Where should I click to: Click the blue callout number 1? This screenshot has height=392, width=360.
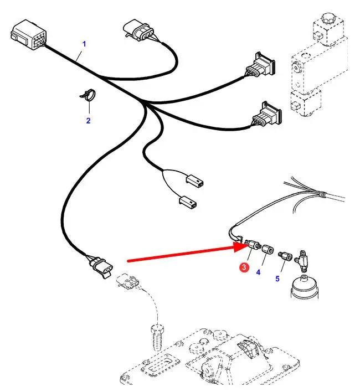click(x=85, y=43)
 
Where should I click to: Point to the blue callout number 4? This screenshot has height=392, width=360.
click(x=258, y=271)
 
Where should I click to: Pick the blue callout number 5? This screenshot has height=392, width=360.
click(x=277, y=278)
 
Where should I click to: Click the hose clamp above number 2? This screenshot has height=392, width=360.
click(x=87, y=96)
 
